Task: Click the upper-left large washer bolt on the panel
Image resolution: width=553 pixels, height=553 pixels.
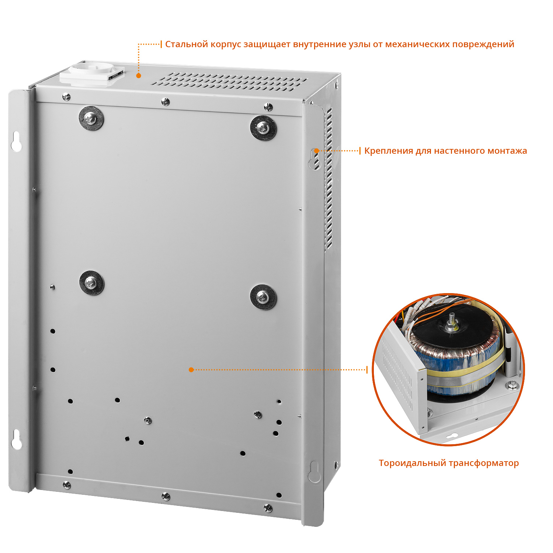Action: coord(91,118)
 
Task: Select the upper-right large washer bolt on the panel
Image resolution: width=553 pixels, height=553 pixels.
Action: coord(263,128)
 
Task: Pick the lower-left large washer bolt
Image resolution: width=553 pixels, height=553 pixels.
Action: coord(91,283)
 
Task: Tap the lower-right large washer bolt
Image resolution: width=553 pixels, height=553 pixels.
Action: coord(263,297)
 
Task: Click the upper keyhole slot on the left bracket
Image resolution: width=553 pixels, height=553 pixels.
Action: coord(16,141)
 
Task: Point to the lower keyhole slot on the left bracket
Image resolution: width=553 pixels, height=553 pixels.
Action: coord(16,439)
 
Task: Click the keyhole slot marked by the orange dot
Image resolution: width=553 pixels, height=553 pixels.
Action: coord(316,159)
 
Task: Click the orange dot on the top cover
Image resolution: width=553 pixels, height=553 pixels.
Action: coord(139,76)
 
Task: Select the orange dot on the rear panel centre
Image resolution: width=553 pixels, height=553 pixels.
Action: coord(191,370)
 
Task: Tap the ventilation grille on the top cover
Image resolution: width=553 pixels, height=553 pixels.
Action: coord(229,81)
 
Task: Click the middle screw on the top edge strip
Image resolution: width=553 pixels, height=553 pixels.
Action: coord(166,102)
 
